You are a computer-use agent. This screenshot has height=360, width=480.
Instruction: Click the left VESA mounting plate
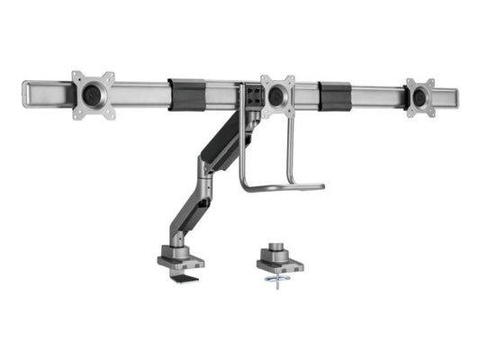pyautogui.click(x=94, y=94)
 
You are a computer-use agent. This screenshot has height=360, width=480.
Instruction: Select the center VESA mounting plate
pyautogui.click(x=278, y=94)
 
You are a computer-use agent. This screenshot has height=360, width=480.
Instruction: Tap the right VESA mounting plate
pyautogui.click(x=421, y=96)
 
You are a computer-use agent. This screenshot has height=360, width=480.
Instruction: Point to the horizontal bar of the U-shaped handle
pyautogui.click(x=284, y=188)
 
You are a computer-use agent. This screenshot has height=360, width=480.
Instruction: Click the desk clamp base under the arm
pyautogui.click(x=179, y=259)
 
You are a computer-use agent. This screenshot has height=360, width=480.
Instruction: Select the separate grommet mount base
pyautogui.click(x=279, y=265)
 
